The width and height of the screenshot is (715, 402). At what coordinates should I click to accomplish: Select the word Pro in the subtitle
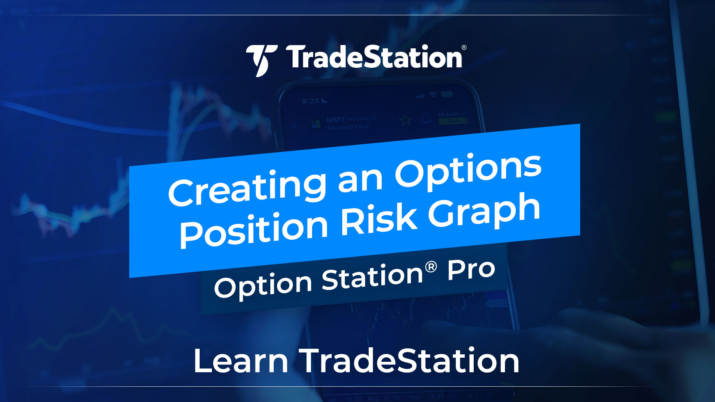(471, 270)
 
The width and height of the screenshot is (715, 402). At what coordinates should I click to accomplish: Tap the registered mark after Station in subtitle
(430, 267)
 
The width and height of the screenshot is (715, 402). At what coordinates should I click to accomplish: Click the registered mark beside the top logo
(464, 48)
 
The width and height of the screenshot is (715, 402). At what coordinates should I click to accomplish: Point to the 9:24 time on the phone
(310, 101)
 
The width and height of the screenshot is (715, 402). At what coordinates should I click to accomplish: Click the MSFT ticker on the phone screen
(335, 120)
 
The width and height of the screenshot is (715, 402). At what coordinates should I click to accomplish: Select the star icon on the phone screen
(405, 120)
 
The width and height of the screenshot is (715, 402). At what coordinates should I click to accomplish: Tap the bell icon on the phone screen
(426, 119)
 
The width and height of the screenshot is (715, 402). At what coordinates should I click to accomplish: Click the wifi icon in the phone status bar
(433, 95)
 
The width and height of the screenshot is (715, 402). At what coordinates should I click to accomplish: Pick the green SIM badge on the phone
(452, 121)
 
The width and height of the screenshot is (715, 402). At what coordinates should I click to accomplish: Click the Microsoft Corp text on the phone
(348, 127)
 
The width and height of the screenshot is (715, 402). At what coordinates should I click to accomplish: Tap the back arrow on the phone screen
(295, 125)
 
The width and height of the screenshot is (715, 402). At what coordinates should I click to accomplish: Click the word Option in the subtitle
(263, 286)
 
